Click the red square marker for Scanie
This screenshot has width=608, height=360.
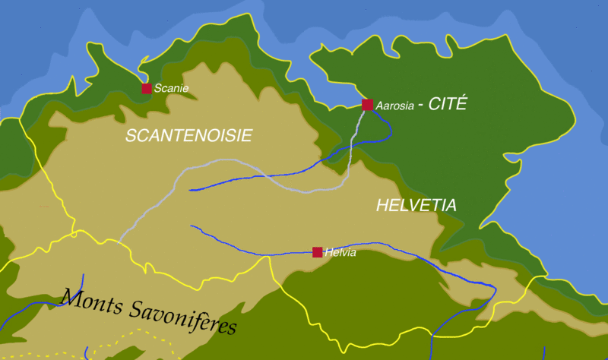pos(147,89)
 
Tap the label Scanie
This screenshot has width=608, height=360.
pos(171,89)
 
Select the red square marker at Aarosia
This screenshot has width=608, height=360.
pos(368,105)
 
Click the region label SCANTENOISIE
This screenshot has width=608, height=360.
pos(188,135)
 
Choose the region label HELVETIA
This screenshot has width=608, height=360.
pos(416,205)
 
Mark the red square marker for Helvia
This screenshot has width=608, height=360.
pos(318,252)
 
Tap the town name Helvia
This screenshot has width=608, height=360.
pos(340,253)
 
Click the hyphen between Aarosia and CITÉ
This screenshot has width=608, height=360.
pos(423,106)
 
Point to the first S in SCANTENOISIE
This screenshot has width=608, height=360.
pos(130,135)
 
